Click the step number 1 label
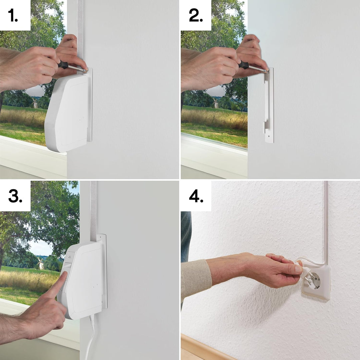13,16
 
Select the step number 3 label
15,197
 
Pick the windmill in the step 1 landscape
35,103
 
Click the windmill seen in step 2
216,103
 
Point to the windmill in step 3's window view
40,263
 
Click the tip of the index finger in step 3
64,274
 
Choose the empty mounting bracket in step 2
269,105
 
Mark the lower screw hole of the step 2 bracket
269,136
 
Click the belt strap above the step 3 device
93,210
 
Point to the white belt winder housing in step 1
67,113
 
